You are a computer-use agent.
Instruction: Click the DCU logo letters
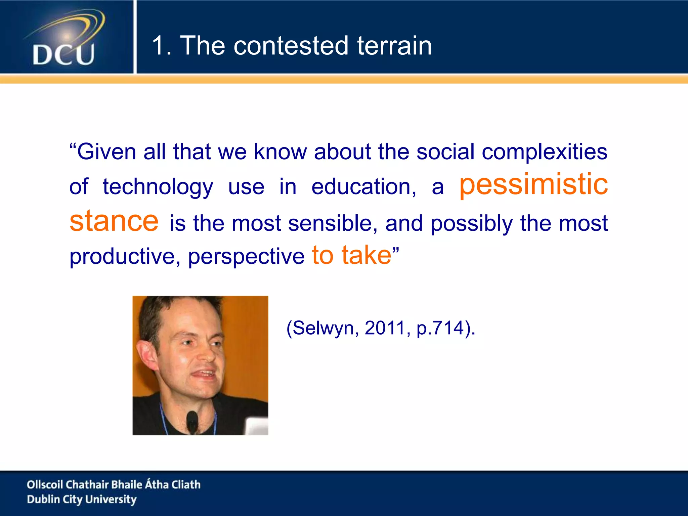[63, 54]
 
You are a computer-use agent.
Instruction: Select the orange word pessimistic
[533, 184]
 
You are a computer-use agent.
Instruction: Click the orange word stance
[114, 221]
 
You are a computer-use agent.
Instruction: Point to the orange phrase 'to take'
[351, 255]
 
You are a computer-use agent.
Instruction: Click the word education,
[363, 187]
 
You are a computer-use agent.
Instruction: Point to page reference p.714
[440, 328]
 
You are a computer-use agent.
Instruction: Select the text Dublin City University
[82, 500]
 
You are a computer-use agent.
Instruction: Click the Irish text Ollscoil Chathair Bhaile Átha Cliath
[114, 484]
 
